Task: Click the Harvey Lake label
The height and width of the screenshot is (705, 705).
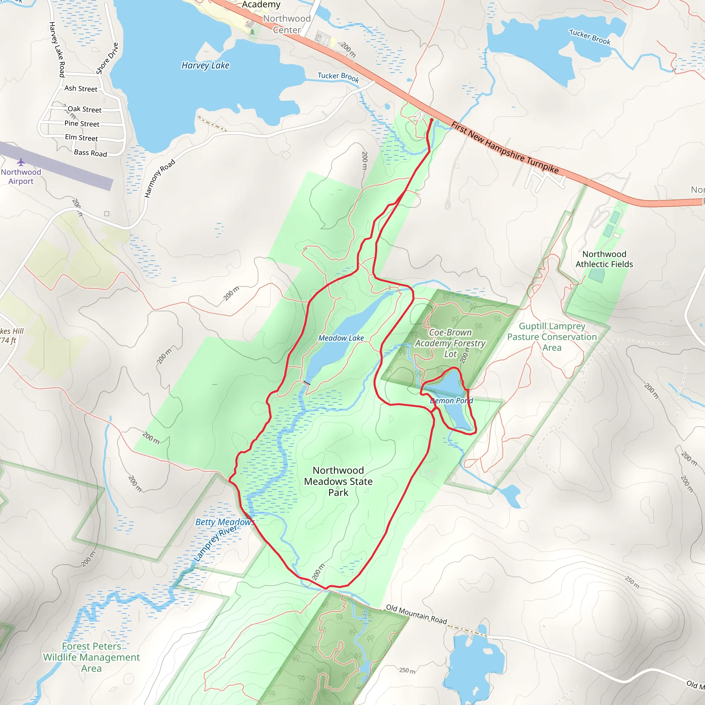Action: click(x=206, y=65)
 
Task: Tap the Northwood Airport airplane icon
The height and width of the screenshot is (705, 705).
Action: click(x=21, y=162)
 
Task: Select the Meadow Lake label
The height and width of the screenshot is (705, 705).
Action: click(x=341, y=338)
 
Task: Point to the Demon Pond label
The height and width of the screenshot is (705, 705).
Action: click(x=451, y=400)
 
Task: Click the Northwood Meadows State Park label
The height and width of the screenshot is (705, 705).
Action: click(x=338, y=481)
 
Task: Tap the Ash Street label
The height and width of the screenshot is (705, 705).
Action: click(x=81, y=89)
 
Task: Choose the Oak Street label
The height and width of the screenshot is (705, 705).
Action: click(x=84, y=109)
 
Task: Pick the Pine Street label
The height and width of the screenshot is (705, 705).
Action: click(x=82, y=124)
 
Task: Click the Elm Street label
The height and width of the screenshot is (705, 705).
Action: click(x=81, y=138)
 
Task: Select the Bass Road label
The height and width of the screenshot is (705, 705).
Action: click(x=91, y=153)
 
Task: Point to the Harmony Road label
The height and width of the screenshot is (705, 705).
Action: click(x=159, y=178)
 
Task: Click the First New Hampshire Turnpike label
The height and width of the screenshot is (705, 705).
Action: click(x=505, y=148)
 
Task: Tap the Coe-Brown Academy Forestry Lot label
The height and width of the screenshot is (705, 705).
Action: click(x=450, y=343)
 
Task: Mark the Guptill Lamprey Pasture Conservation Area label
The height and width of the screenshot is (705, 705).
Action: click(x=552, y=337)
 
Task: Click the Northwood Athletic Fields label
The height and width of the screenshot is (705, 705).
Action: click(x=604, y=259)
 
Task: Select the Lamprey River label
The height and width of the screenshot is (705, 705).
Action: click(x=215, y=543)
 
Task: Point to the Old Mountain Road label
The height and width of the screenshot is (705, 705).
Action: click(x=417, y=614)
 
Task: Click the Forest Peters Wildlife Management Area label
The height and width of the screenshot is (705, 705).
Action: click(x=91, y=657)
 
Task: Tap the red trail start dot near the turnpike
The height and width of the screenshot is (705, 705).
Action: click(x=432, y=120)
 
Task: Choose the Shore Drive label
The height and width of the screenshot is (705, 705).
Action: click(x=107, y=59)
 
